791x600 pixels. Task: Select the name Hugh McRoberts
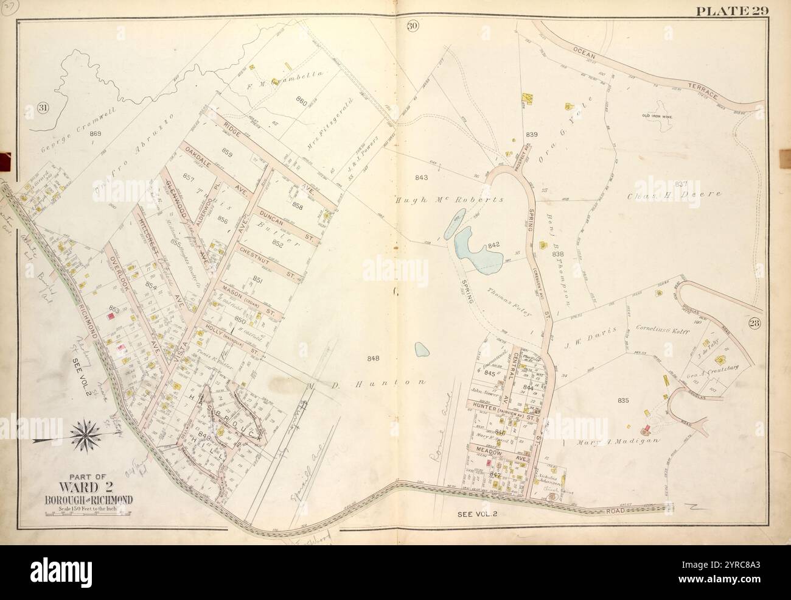pos(449,200)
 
